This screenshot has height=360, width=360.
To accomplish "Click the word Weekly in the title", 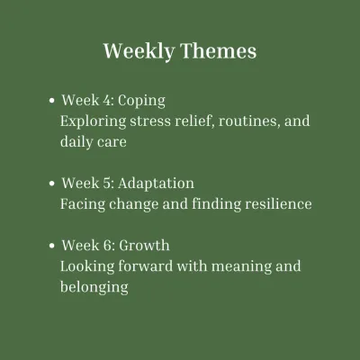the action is click(139, 51).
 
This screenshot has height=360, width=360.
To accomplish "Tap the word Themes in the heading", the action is click(219, 50).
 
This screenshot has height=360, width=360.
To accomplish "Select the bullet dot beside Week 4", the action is click(52, 101).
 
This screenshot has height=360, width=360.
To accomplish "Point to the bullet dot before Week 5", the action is click(52, 184).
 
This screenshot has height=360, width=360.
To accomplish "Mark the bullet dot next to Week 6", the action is click(52, 246).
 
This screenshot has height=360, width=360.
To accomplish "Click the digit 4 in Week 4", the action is click(107, 100).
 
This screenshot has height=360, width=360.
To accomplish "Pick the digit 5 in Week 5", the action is click(107, 184).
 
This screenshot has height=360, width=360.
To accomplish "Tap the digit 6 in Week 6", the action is click(107, 246).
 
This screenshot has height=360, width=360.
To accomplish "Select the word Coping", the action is click(141, 102).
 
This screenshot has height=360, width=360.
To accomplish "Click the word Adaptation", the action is click(156, 184).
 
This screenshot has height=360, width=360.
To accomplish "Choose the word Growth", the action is click(144, 246).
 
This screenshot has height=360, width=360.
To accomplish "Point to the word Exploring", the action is click(93, 122).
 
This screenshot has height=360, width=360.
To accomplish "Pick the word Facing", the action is click(83, 205).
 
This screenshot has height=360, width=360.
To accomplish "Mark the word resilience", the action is click(278, 204).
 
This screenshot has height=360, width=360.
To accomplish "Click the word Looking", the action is click(87, 267).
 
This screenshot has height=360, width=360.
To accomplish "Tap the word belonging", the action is click(94, 288).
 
